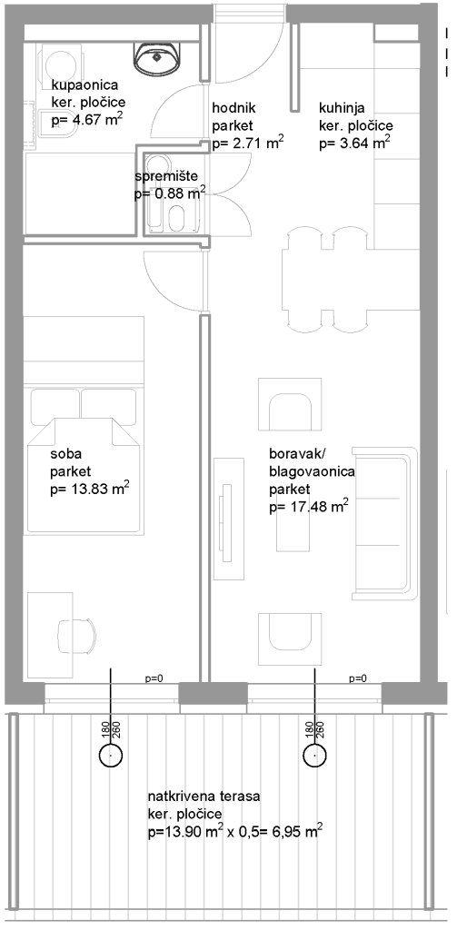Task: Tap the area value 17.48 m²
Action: (x=309, y=506)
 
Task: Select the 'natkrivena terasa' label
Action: (x=204, y=796)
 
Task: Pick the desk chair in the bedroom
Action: (x=77, y=637)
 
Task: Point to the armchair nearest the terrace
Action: (x=290, y=638)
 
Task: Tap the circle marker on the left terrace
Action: (x=111, y=755)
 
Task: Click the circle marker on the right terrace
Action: (x=314, y=755)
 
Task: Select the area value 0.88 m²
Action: (x=170, y=193)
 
